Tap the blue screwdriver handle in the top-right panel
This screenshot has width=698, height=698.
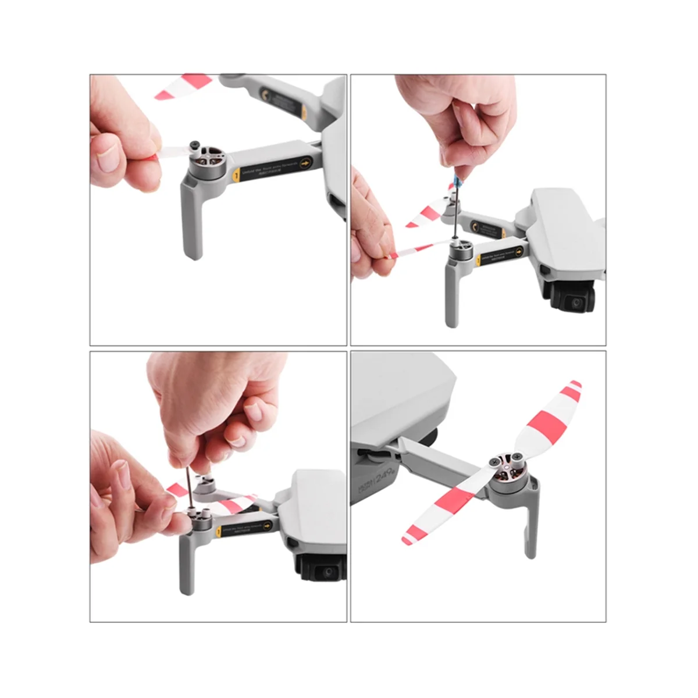point(458,174)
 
